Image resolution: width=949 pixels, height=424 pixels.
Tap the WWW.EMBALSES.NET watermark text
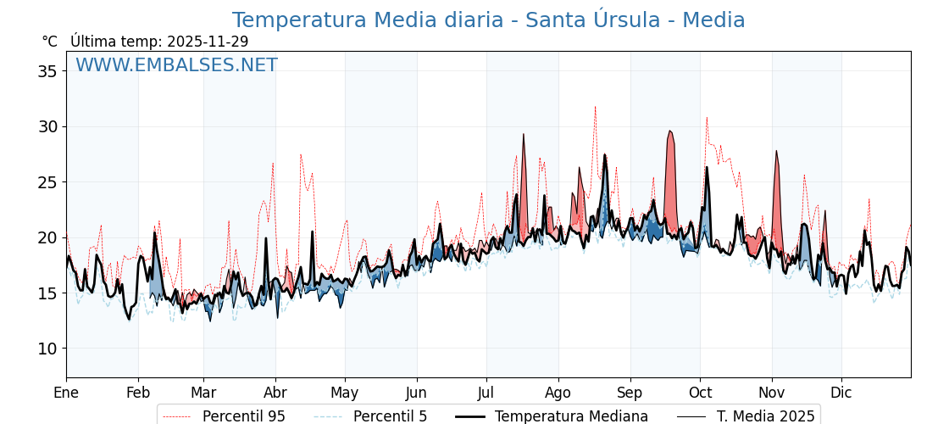(176, 65)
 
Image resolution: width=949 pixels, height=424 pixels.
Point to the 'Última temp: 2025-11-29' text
(159, 42)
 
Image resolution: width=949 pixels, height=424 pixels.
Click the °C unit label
(50, 42)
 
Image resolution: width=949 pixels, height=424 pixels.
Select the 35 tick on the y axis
(47, 71)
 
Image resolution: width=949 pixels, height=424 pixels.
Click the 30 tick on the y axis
(47, 126)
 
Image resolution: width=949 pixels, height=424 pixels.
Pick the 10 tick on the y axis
(47, 349)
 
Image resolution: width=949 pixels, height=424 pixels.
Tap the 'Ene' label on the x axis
(66, 393)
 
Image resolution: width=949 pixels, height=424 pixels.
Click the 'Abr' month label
(275, 393)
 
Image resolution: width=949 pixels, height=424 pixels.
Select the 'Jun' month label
(417, 393)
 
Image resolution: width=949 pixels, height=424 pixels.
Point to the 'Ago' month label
(558, 393)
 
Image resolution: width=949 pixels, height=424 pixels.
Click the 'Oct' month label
(700, 393)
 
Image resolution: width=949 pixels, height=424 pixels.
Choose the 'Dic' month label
(841, 393)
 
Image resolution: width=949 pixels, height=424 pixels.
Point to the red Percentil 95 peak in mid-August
(595, 108)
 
